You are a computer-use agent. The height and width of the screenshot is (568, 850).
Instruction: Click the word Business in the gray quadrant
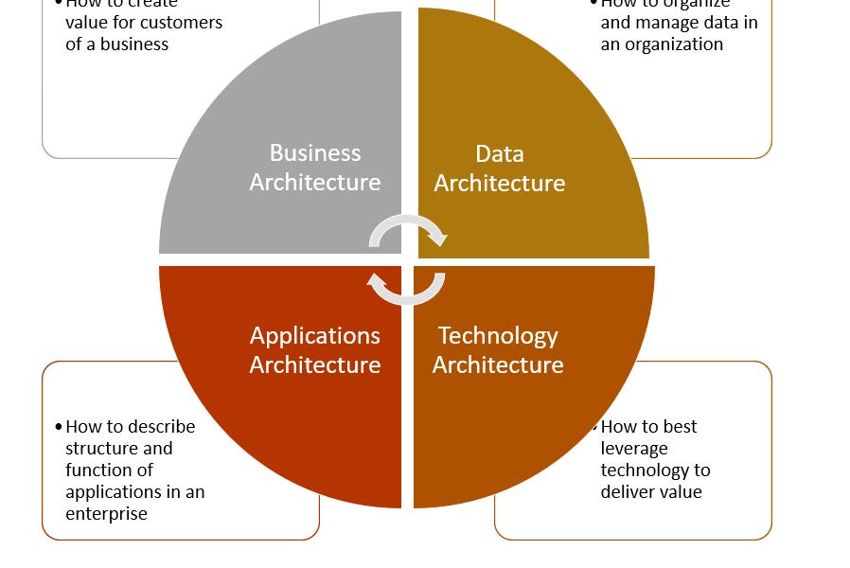click(x=315, y=153)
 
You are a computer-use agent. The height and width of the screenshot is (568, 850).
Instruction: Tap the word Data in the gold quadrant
click(x=499, y=153)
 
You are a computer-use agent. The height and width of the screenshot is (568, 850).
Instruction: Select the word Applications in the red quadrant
click(x=315, y=336)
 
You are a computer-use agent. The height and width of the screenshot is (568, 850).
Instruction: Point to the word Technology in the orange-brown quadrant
click(x=498, y=336)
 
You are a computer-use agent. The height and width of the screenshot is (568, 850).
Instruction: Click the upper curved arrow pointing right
click(x=407, y=228)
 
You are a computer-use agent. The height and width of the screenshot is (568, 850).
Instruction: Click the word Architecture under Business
click(x=315, y=183)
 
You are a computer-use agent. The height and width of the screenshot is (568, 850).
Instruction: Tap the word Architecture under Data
click(x=499, y=183)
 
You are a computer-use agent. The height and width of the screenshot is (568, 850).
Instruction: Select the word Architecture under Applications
click(x=315, y=365)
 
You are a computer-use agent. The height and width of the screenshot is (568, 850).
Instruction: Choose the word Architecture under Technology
click(x=498, y=365)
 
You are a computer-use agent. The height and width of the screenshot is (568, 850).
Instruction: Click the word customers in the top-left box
click(x=186, y=23)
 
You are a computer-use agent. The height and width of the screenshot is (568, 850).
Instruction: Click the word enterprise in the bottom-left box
click(x=106, y=514)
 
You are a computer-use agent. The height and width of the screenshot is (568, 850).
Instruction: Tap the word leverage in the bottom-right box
click(x=634, y=449)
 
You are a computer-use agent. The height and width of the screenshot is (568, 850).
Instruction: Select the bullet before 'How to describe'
click(x=59, y=427)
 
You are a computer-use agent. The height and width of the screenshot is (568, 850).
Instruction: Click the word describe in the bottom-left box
click(x=160, y=427)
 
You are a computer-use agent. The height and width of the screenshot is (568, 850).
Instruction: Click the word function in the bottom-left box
click(x=94, y=470)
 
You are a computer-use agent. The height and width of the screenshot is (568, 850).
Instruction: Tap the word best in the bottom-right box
click(x=681, y=427)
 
